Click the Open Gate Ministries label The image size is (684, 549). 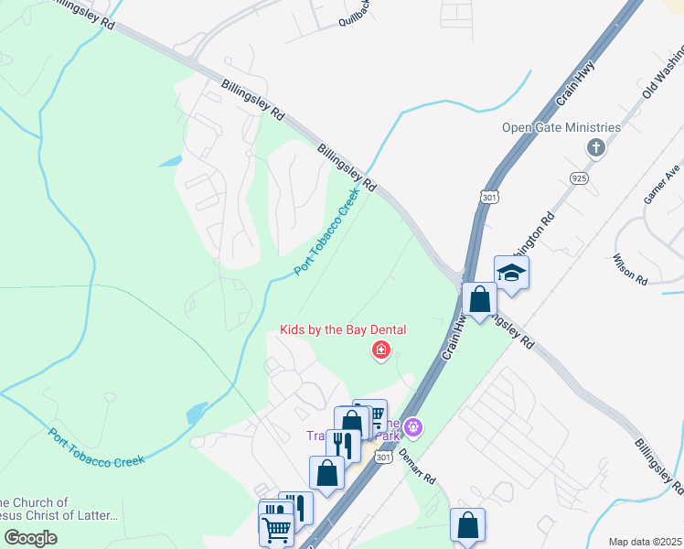pyautogui.click(x=561, y=127)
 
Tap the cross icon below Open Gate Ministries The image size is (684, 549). pyautogui.click(x=596, y=147)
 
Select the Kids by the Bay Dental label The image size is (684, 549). pyautogui.click(x=343, y=329)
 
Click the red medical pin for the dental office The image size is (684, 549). pyautogui.click(x=380, y=350)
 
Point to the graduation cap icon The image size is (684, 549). pyautogui.click(x=512, y=273)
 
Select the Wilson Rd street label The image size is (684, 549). pyautogui.click(x=630, y=268)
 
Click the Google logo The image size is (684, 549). pyautogui.click(x=31, y=538)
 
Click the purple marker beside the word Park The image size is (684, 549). pyautogui.click(x=414, y=425)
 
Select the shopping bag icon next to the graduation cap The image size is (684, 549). pyautogui.click(x=480, y=298)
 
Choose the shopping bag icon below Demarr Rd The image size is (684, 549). pyautogui.click(x=467, y=526)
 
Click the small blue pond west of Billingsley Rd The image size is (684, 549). pyautogui.click(x=170, y=162)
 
